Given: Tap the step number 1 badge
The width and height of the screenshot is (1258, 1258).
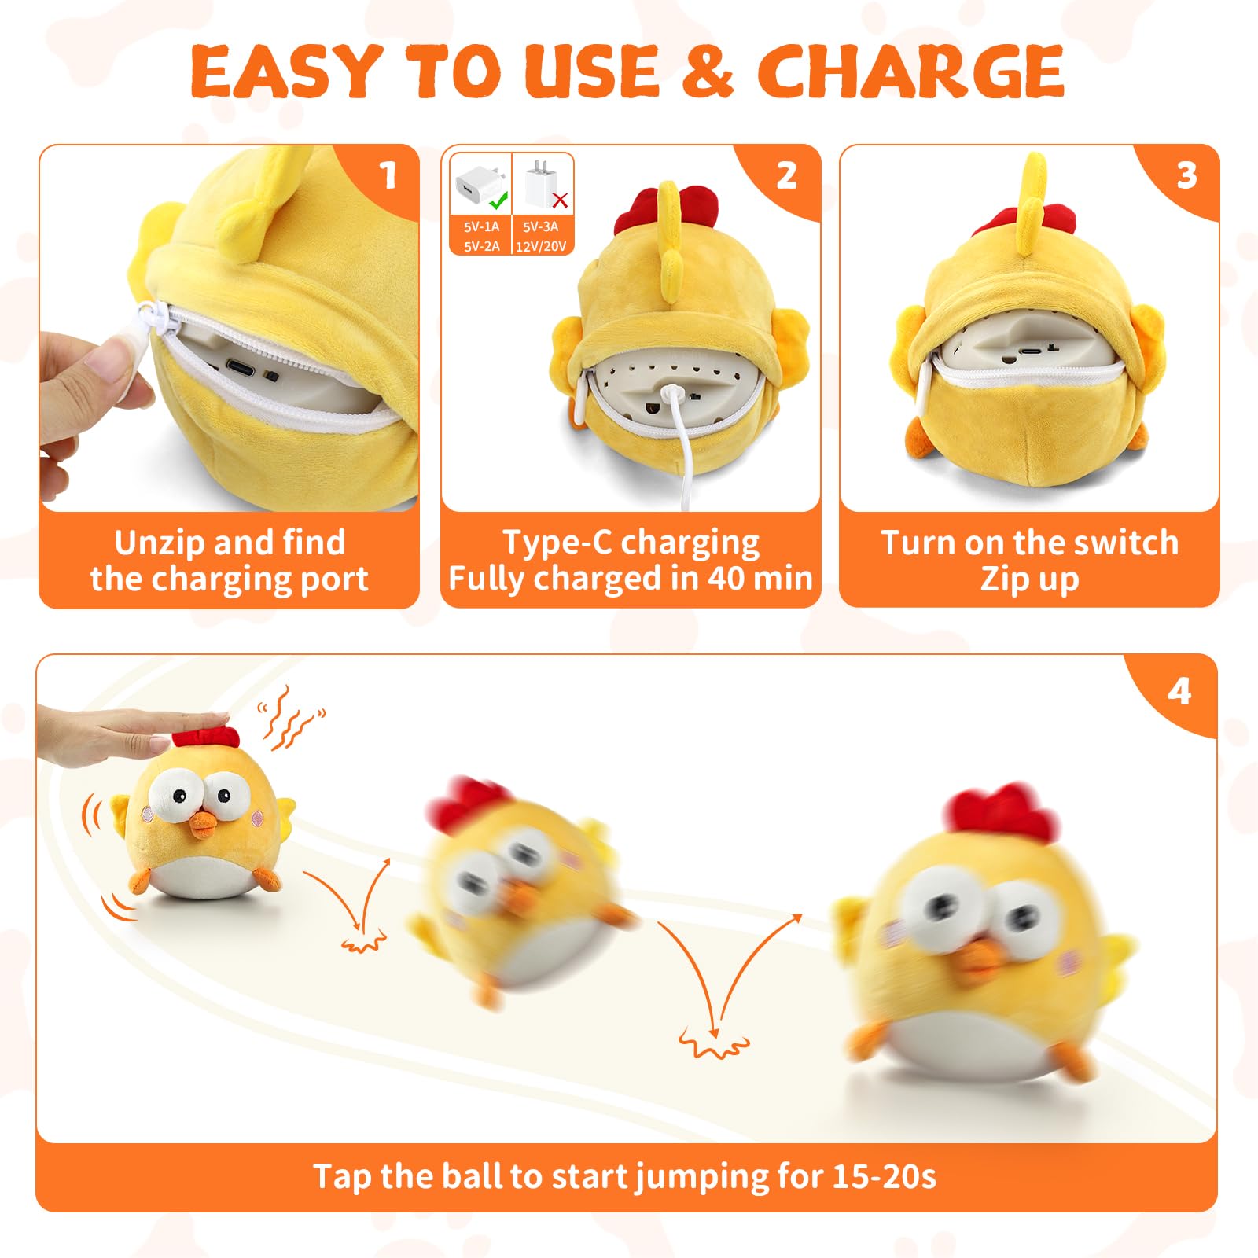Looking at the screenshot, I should click(x=388, y=175).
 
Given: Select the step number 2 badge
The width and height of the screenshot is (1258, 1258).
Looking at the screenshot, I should click(x=787, y=175).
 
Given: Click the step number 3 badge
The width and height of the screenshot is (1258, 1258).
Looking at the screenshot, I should click(x=1186, y=175).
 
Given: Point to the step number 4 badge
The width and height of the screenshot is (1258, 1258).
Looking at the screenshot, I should click(x=1179, y=692).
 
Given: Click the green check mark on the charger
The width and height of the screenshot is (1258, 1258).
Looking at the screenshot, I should click(x=498, y=200).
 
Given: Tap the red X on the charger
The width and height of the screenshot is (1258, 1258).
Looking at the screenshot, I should click(x=560, y=200).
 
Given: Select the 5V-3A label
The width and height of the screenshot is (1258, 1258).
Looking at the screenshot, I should click(x=541, y=226).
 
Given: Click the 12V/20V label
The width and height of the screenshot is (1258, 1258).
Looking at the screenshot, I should click(x=541, y=246).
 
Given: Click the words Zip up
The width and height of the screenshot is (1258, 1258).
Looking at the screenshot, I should click(x=1029, y=579).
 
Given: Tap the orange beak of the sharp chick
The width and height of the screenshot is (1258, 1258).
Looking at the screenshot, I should click(x=204, y=823).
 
